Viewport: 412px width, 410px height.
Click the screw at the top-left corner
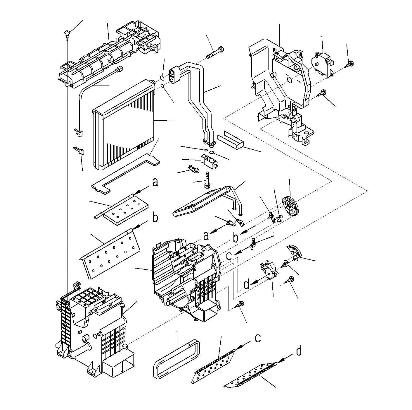[67, 33]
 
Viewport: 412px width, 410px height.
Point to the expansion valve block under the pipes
[209, 161]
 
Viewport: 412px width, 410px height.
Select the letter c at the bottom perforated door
[257, 338]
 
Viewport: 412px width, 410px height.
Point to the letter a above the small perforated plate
[155, 182]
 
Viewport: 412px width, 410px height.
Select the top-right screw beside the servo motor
[350, 64]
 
